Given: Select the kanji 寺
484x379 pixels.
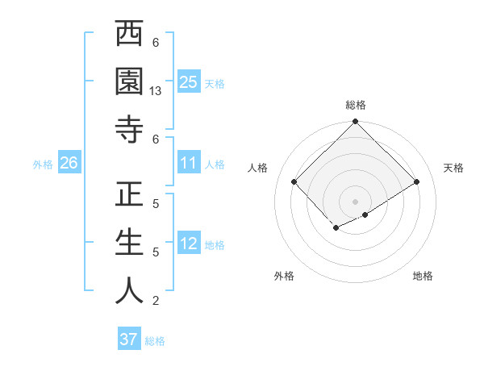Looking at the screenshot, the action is (129, 130).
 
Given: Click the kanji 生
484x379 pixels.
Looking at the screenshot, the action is (129, 244).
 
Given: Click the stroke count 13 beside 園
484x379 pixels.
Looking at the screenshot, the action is (156, 91).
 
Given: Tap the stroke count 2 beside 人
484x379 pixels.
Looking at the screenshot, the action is (156, 301).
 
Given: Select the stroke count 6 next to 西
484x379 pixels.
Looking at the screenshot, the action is (156, 43).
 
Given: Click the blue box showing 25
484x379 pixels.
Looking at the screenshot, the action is (189, 81).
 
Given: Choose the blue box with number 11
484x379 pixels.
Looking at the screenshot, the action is (189, 164).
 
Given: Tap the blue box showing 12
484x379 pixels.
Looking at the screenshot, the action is (189, 244).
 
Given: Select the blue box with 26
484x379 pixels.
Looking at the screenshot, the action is (69, 164).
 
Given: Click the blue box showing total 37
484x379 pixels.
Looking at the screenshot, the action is (128, 339).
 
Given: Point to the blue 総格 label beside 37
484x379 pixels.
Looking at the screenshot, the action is (155, 341).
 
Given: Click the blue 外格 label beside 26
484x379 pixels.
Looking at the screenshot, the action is (43, 165).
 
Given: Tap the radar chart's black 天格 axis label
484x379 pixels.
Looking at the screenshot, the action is (453, 168).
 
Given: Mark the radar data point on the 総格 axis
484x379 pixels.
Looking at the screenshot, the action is (355, 123).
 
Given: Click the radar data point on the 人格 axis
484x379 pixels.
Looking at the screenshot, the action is (294, 181).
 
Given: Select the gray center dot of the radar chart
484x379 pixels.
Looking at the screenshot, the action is (355, 201).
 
